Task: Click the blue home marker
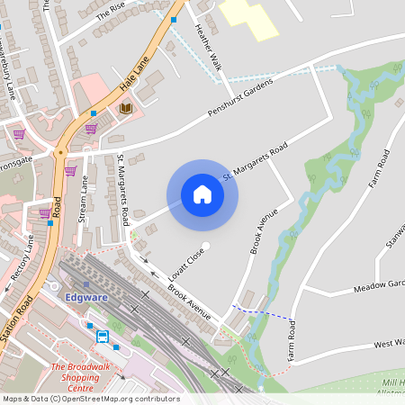click(x=202, y=194)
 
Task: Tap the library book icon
click(x=126, y=108)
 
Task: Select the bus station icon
click(x=103, y=337)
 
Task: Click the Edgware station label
click(x=86, y=298)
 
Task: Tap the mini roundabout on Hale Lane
click(x=60, y=153)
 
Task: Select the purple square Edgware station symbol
click(x=86, y=285)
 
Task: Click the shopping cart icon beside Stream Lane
click(x=70, y=171)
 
